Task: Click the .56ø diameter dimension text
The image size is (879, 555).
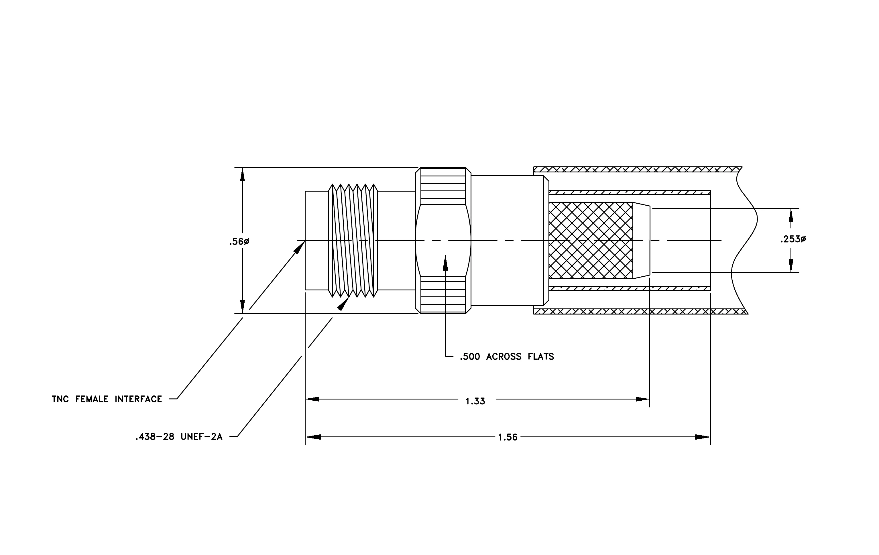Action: coord(239,241)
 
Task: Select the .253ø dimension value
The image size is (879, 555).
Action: coord(793,239)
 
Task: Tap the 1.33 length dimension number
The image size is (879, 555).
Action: coord(475,402)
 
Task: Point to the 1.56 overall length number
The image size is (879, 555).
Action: coord(508,438)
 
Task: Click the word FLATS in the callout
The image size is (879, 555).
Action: coord(541,357)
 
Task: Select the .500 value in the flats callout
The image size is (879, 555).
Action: coord(470,357)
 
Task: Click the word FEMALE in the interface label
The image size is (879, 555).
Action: coord(92,399)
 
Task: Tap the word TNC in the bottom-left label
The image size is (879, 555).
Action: coord(60,399)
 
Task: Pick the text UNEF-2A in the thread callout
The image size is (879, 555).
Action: coord(202,437)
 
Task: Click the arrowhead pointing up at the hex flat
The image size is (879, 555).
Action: coord(445,262)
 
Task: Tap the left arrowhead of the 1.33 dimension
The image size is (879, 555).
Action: coord(312,399)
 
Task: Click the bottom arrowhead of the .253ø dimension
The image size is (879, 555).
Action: coord(791,265)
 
